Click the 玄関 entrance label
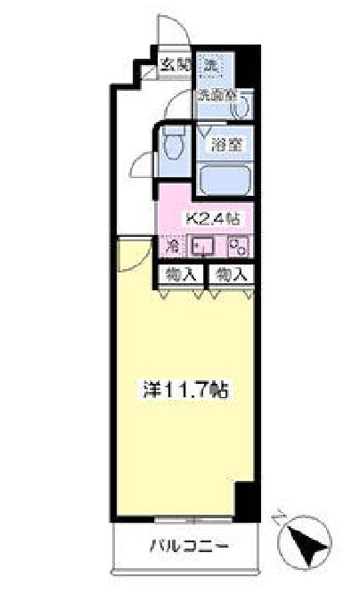click(x=176, y=64)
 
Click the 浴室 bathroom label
click(x=221, y=142)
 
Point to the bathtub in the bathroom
click(x=222, y=179)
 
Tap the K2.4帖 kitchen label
click(x=210, y=217)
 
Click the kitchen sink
click(x=203, y=247)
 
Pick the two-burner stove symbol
click(x=237, y=247)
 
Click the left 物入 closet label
click(x=182, y=274)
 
